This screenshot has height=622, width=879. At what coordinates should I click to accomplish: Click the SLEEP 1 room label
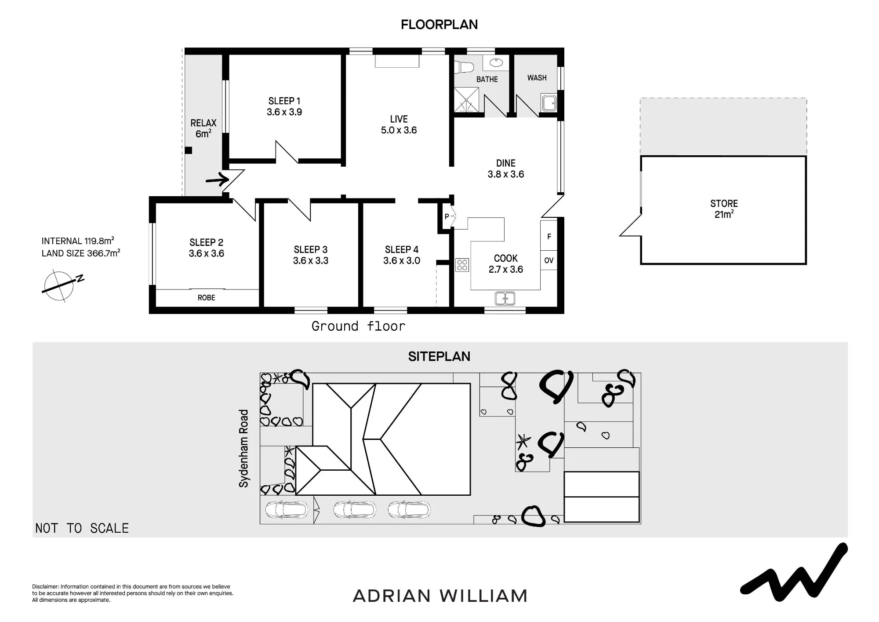click(284, 106)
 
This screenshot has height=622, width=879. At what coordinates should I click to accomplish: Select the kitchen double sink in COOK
click(505, 298)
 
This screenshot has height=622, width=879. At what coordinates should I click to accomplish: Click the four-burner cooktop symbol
click(462, 265)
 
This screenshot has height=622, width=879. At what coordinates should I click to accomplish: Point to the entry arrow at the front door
click(218, 180)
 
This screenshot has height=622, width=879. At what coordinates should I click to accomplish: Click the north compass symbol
click(62, 285)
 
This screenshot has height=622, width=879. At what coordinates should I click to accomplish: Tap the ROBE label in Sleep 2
click(206, 298)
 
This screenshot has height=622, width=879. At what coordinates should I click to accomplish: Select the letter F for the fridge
click(549, 237)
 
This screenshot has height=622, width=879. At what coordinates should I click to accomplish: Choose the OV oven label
click(549, 260)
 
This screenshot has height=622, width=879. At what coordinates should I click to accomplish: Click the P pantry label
click(447, 216)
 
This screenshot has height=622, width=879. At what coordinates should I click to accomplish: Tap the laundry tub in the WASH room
click(549, 103)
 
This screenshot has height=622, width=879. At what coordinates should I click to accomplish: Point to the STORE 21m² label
click(724, 209)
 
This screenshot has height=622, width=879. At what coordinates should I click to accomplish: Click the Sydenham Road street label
click(243, 448)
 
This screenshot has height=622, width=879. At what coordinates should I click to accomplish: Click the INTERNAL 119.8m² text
click(78, 241)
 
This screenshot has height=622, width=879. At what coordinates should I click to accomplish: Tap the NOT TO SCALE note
click(82, 528)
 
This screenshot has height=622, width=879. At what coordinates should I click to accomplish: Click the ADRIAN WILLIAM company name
click(440, 596)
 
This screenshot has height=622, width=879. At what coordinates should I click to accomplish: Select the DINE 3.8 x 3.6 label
click(506, 169)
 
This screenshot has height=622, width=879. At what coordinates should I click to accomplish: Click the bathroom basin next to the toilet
click(496, 63)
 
